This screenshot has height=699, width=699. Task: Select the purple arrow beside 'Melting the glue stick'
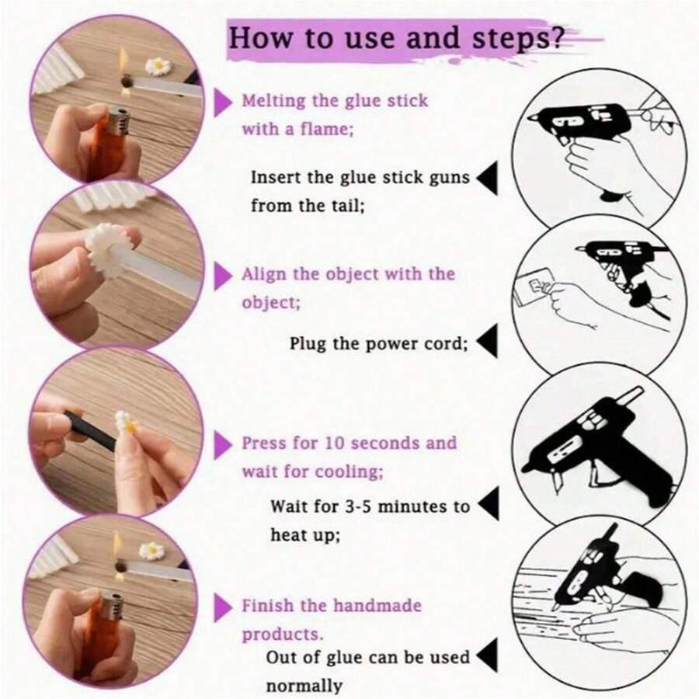(x=224, y=103)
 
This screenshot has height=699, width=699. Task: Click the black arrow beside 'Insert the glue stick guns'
(x=487, y=179)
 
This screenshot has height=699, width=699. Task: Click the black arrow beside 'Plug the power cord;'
(x=487, y=341)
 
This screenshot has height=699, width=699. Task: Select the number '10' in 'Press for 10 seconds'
(x=335, y=443)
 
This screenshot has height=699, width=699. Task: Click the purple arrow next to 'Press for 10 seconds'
(x=224, y=445)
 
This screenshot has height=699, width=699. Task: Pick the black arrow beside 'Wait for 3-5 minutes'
(x=489, y=504)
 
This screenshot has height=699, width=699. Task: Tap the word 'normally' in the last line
(x=304, y=686)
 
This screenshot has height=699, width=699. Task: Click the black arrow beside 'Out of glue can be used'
(x=487, y=656)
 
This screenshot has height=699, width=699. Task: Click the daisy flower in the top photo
(x=158, y=67)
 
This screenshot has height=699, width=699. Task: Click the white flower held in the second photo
(x=106, y=249)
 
